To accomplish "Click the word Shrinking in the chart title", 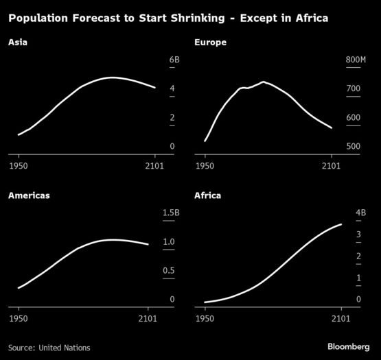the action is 198,19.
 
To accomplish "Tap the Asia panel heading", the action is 18,43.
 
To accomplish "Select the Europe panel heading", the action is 211,43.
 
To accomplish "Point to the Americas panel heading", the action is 29,195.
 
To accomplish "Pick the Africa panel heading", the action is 208,195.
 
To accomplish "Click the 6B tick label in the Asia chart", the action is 174,60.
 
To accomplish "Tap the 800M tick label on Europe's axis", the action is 356,60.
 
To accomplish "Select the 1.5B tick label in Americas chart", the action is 171,213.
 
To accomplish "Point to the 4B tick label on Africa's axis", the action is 361,213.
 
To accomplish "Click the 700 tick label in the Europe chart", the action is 354,88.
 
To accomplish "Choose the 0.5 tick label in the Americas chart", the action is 169,270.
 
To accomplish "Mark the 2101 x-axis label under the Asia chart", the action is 154,166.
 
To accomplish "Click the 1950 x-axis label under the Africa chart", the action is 205,318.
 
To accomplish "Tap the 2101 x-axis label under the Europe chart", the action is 332,166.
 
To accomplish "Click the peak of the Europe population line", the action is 264,82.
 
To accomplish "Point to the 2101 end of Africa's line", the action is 341,224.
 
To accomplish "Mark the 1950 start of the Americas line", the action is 19,288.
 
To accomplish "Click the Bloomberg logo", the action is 349,347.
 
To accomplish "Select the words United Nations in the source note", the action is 65,348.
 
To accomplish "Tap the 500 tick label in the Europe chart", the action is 354,146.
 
